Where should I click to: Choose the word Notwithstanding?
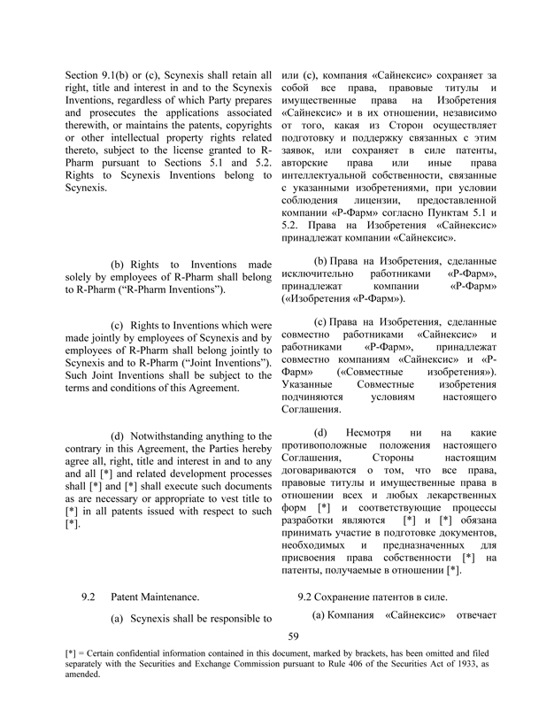tap(173, 436)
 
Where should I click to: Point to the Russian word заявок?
tap(300, 152)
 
